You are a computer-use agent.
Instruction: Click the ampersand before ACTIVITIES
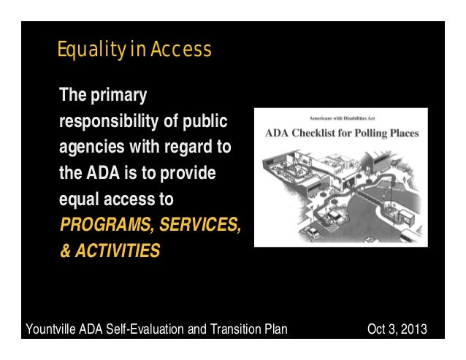coord(64,252)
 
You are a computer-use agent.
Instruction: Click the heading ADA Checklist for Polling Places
coord(340,134)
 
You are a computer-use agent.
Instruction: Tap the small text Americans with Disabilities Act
coord(341,119)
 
